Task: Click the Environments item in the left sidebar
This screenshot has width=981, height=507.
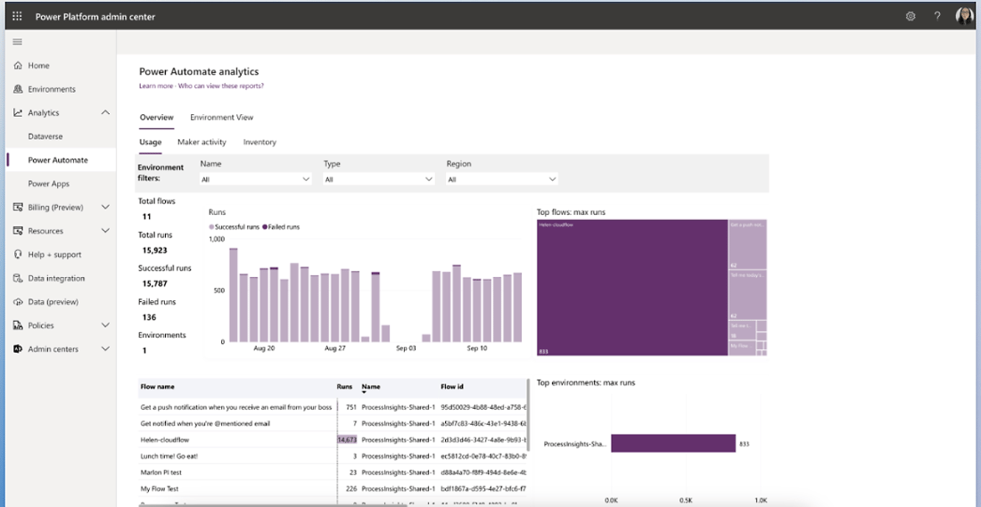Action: [x=51, y=89]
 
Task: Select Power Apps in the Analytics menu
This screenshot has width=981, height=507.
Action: [x=48, y=184]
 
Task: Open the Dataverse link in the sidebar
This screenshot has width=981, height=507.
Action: [x=45, y=136]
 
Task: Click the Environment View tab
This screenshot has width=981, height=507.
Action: [x=221, y=118]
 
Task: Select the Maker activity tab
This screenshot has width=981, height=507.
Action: [x=202, y=142]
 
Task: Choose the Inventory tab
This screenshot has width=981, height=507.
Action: [x=260, y=142]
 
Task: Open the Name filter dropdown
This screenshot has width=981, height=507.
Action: [x=255, y=179]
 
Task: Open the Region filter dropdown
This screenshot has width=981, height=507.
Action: [x=502, y=179]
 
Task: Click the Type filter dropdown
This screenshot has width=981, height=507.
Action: [x=379, y=179]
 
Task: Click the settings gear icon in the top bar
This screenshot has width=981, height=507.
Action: [x=911, y=16]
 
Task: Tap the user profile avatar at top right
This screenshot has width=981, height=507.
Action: [x=964, y=16]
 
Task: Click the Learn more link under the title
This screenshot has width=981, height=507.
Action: [x=155, y=86]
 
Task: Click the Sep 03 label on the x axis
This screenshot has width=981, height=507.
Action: [x=406, y=348]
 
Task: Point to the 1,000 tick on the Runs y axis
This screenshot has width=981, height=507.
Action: [x=217, y=239]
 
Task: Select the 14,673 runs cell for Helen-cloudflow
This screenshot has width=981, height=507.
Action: [x=347, y=439]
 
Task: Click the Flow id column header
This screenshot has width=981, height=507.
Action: [x=453, y=387]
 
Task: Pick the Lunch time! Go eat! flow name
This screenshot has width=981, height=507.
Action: [x=169, y=456]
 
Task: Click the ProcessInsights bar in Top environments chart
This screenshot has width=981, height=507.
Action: [x=672, y=443]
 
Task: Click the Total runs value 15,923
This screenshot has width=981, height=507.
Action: [x=155, y=250]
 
